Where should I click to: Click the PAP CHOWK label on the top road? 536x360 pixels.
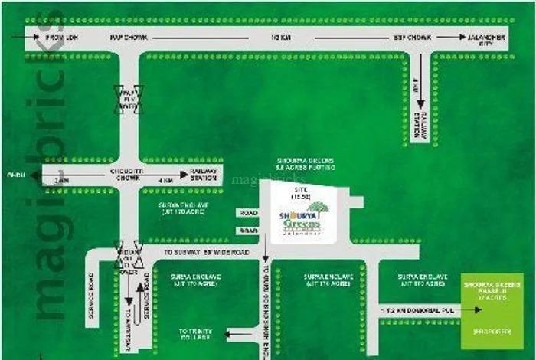click(128, 37)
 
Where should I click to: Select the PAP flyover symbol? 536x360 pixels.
click(129, 100)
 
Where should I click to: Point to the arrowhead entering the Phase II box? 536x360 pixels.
click(479, 309)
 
